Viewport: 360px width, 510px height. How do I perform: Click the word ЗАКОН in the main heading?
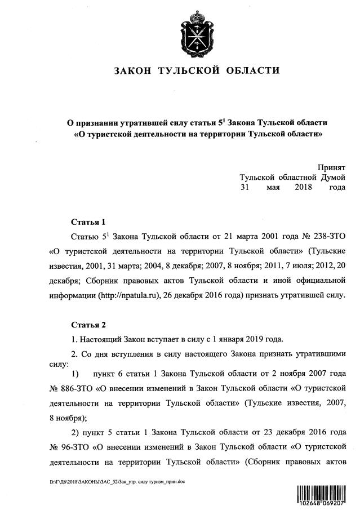pos(132,71)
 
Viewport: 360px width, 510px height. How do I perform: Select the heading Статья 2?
pos(88,325)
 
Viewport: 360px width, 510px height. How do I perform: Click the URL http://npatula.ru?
pos(130,295)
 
